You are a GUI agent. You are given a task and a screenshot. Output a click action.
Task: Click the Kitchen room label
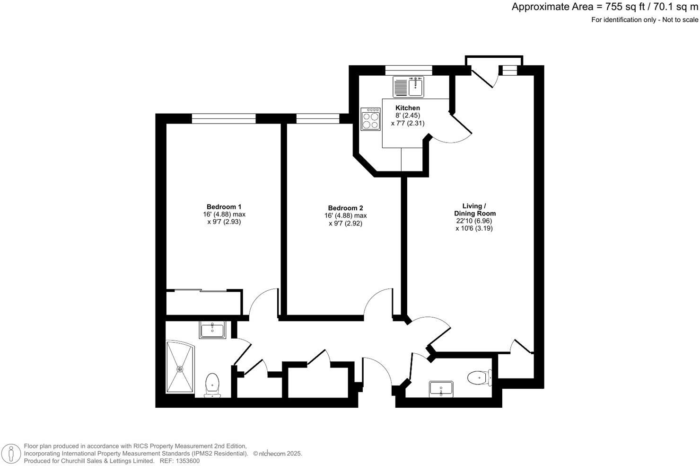(407, 108)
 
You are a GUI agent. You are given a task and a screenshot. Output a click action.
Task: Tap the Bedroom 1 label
(224, 206)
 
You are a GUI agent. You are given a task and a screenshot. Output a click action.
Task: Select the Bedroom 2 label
(345, 208)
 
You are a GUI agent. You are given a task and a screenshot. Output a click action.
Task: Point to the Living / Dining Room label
(474, 210)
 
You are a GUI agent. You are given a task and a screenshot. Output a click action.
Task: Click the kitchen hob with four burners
(370, 119)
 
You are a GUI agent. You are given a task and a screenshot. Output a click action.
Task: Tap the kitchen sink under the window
(409, 86)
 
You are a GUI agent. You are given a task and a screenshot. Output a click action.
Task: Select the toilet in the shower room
(212, 384)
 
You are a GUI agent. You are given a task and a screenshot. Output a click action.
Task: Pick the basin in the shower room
(213, 330)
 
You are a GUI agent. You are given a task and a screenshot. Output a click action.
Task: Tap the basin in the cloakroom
(441, 389)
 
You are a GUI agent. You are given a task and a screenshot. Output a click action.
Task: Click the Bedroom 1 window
(223, 118)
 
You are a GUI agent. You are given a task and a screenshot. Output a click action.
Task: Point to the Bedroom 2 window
(317, 118)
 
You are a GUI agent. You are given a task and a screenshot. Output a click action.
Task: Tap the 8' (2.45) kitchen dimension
(407, 116)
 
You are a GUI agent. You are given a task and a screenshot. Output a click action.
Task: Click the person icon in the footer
(10, 454)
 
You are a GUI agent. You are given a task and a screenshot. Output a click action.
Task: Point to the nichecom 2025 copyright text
(278, 454)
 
